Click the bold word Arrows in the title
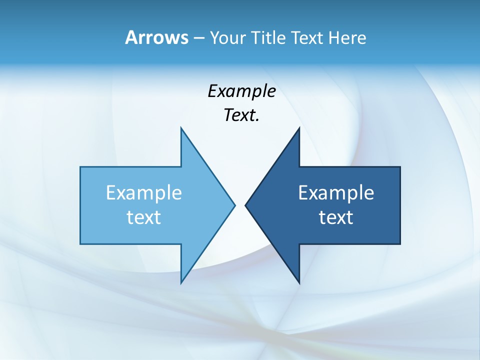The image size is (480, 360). [x=156, y=37]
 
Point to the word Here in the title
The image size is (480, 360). [x=347, y=37]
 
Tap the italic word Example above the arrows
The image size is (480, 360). [x=241, y=91]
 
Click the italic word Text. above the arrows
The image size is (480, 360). [x=241, y=115]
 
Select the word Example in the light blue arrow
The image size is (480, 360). [x=144, y=193]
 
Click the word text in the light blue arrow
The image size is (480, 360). [x=144, y=217]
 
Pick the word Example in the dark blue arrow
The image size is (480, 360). [x=336, y=193]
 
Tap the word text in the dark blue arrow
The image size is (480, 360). [x=336, y=217]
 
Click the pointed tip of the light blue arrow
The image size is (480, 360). [x=234, y=205]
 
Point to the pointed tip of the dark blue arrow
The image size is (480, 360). [x=245, y=205]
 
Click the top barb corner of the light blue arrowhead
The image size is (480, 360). [x=181, y=128]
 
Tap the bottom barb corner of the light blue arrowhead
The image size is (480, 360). [x=181, y=282]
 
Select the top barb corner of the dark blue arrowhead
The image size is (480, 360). [x=299, y=128]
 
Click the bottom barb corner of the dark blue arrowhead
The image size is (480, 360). [x=299, y=282]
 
